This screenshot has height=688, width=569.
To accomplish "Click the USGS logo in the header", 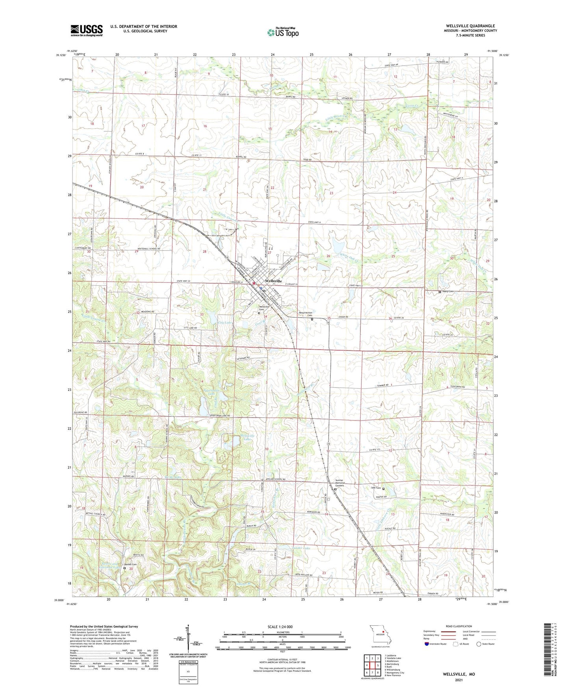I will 86,30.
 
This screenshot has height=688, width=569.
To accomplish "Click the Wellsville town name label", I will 273,281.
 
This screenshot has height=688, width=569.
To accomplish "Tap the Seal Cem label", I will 376,488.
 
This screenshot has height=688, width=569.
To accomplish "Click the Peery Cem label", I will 448,292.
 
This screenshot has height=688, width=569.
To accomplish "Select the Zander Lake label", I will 302,548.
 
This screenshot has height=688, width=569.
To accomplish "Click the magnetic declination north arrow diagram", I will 188,637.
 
